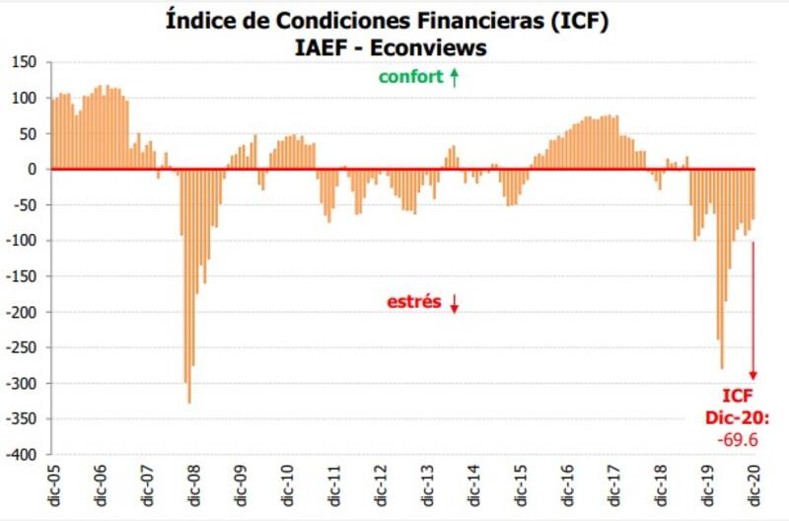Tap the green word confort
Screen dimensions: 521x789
411,77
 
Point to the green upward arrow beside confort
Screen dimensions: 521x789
455,77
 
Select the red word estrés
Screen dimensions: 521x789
413,302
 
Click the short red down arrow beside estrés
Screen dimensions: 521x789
455,303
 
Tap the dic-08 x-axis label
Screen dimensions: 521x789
193,485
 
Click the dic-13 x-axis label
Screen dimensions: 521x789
427,485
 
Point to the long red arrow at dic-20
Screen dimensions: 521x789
753,306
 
